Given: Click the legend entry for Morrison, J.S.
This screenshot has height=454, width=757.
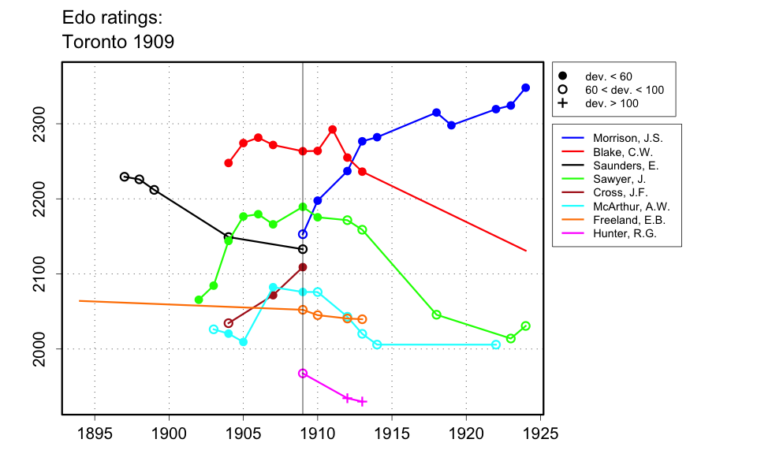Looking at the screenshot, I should [x=618, y=138].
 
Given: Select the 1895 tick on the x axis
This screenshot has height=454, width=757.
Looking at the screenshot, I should [x=95, y=434].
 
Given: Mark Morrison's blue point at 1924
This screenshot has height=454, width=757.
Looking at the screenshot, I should [x=526, y=87].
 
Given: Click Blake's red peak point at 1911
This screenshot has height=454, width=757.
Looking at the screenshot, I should [x=333, y=129].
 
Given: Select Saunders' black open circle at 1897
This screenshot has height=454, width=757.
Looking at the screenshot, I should [x=125, y=177].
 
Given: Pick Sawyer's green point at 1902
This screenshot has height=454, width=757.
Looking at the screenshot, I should [x=199, y=300].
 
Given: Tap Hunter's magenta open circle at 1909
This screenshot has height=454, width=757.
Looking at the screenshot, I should [x=303, y=373].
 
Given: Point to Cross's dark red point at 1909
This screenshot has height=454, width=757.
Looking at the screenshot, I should [x=303, y=267].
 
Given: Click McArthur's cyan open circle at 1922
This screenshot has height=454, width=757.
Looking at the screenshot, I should [x=496, y=344].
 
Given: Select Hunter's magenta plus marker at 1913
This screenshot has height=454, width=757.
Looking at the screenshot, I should [x=362, y=401].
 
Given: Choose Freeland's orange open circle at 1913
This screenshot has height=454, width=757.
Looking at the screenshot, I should [x=362, y=319].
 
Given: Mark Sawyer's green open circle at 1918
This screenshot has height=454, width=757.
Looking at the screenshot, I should [x=437, y=314].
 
